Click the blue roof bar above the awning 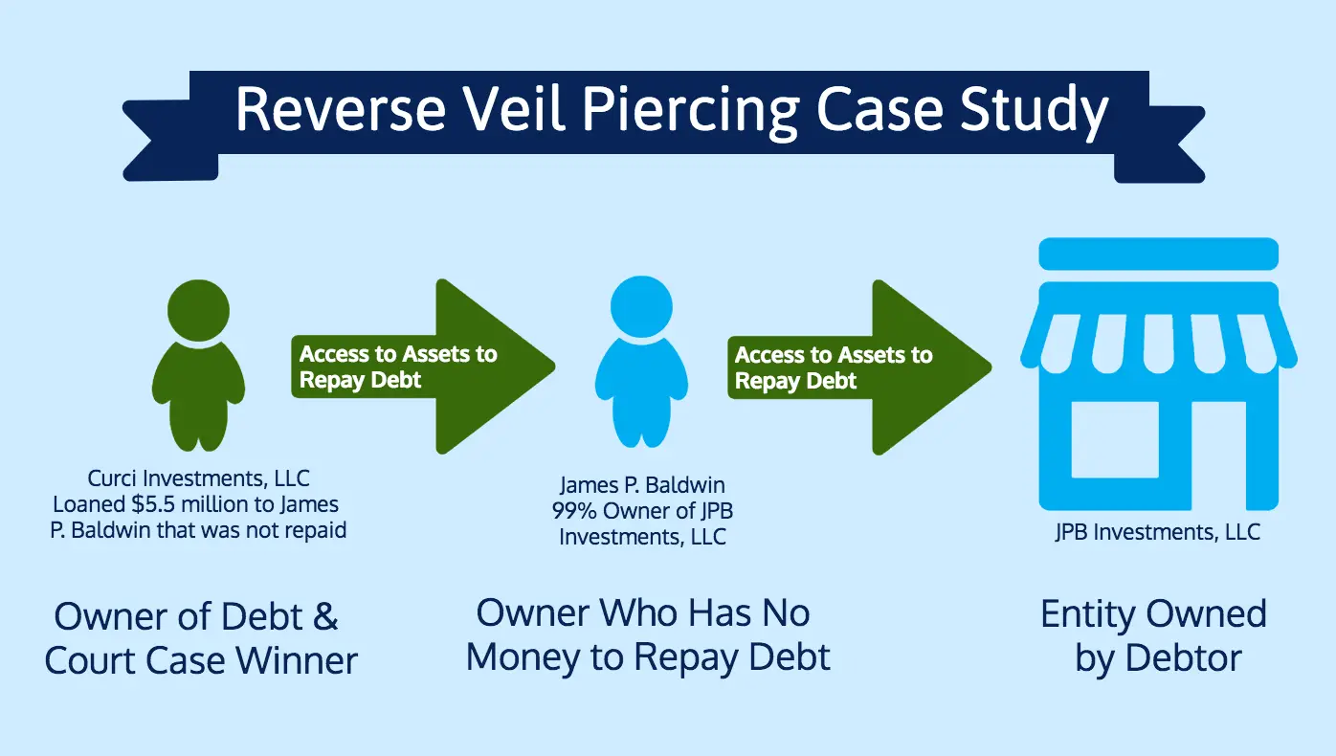click(x=1158, y=254)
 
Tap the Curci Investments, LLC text click(x=199, y=478)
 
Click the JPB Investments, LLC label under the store click(x=1158, y=532)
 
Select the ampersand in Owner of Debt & click(x=324, y=616)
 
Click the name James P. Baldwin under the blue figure click(x=642, y=486)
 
